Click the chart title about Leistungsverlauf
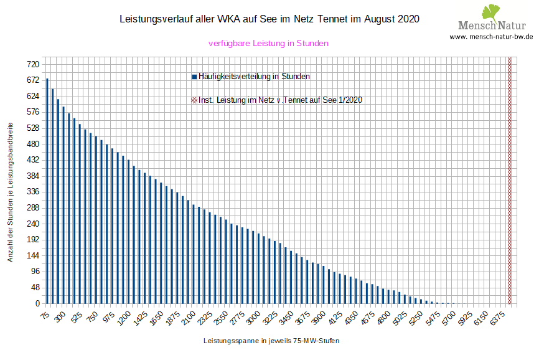[x=269, y=19]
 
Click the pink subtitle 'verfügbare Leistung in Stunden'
[x=268, y=43]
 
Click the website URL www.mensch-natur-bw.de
[x=491, y=37]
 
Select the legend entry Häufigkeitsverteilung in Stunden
[x=252, y=76]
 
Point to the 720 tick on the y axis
[x=33, y=65]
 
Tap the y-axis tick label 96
[x=35, y=272]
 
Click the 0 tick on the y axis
[x=37, y=303]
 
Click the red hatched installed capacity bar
[x=510, y=181]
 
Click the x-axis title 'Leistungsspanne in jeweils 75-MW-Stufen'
[x=271, y=341]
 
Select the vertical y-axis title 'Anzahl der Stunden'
[x=11, y=191]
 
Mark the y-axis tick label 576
[x=33, y=112]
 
